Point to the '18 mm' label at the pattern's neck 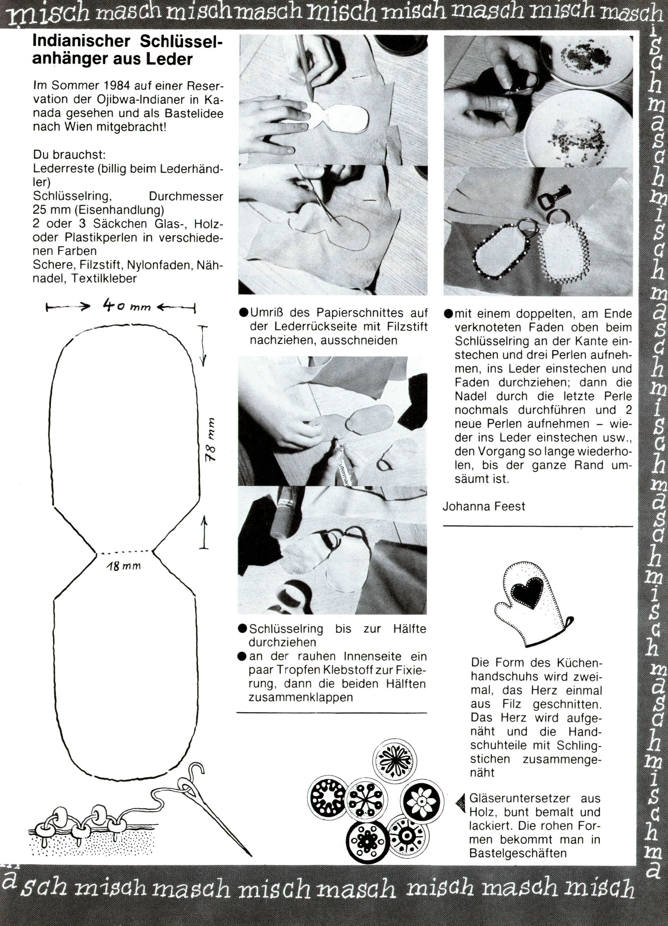coord(124,566)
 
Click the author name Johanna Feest coord(484,506)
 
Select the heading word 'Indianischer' coord(81,41)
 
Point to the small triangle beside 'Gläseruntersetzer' coord(461,804)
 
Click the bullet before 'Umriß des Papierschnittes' coord(244,313)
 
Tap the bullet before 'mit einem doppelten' coord(448,313)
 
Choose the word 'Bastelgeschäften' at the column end coord(518,853)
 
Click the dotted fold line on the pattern coord(124,553)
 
